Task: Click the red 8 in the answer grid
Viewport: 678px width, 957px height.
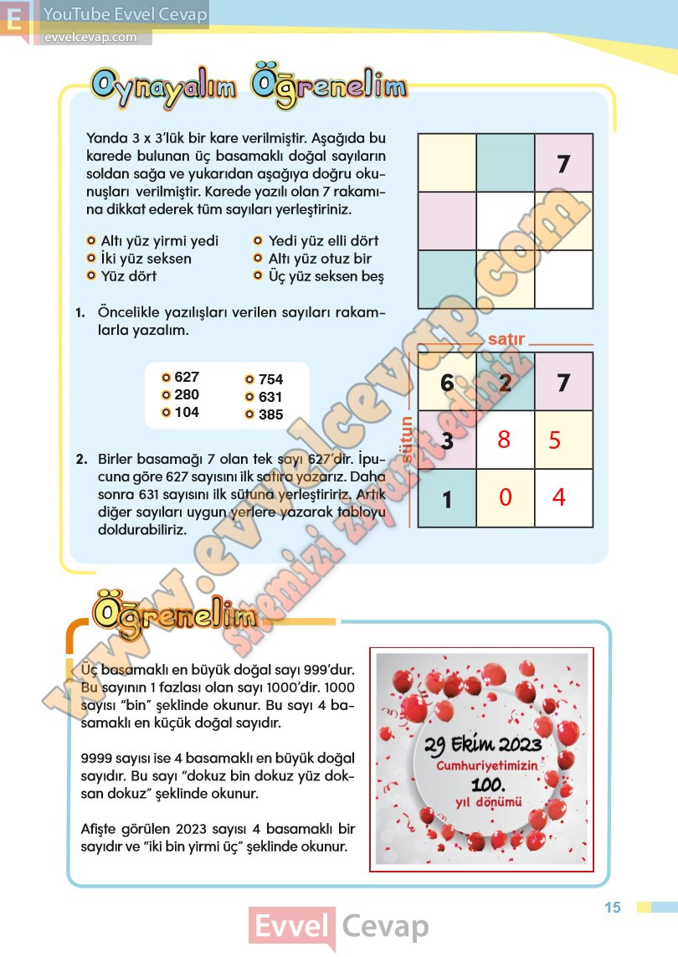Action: tap(503, 440)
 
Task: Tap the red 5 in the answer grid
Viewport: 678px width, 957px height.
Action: tap(555, 440)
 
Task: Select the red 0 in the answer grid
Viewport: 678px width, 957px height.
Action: tap(505, 497)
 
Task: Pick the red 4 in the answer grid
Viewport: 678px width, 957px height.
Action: tap(559, 497)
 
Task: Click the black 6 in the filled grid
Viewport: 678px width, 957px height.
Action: tap(447, 383)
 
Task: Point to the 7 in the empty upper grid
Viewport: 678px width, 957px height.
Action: tap(563, 164)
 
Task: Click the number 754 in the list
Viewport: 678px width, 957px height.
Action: tap(270, 379)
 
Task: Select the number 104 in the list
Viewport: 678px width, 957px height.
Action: tap(187, 412)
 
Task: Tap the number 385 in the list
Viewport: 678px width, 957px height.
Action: tap(270, 414)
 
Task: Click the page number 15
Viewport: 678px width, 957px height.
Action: tap(613, 908)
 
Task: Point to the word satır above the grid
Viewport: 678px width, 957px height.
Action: tap(506, 339)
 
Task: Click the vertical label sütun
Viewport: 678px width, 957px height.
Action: tap(407, 440)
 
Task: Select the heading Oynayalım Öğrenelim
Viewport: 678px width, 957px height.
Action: tap(249, 86)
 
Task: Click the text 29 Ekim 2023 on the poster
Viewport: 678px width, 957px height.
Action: tap(482, 744)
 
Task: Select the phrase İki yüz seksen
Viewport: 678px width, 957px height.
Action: tap(146, 259)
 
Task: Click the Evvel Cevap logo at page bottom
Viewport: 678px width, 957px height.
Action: tap(339, 927)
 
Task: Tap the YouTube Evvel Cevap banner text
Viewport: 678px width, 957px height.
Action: tap(125, 14)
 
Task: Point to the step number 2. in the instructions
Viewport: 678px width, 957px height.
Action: tap(81, 459)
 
